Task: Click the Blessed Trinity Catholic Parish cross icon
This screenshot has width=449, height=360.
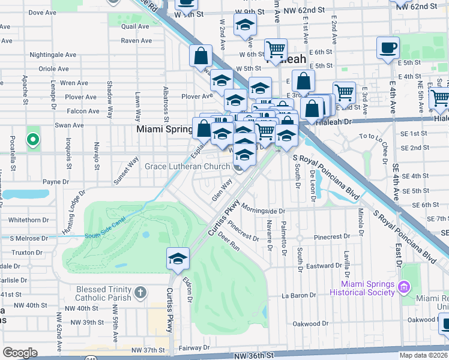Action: point(140,293)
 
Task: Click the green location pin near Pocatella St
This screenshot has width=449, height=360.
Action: point(33,140)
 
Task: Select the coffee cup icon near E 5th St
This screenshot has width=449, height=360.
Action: point(388,47)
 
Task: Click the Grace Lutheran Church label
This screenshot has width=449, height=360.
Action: point(187,166)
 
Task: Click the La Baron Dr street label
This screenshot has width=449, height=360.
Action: point(298,296)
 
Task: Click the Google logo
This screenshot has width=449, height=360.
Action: point(20,352)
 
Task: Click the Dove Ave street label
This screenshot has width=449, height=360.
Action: point(42,12)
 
